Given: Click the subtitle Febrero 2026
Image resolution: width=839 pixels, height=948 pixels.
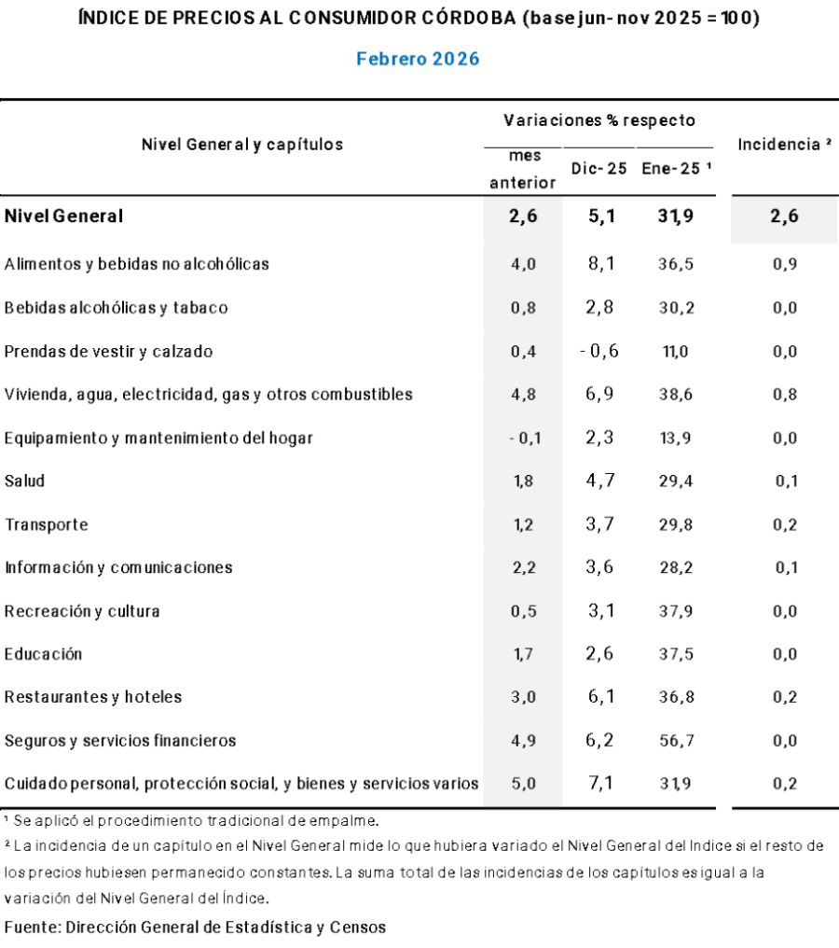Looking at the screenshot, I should point(418,59).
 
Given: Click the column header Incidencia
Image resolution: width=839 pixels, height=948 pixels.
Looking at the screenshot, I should point(784,145).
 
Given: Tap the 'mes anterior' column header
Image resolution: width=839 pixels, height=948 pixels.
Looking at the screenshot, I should point(523,170).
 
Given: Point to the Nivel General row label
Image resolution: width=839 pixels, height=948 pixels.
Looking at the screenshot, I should point(63,216).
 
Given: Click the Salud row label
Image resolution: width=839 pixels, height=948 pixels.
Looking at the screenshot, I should point(25,481).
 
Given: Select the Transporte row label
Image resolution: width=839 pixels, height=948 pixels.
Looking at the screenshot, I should point(47,524).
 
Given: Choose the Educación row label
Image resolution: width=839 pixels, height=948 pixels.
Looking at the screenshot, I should point(43,654).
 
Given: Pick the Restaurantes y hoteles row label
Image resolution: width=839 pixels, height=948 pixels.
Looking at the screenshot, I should point(93,697).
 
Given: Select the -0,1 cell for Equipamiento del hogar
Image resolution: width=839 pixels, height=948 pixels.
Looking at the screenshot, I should point(523,438).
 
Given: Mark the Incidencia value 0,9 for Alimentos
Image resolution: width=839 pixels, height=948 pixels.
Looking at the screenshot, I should point(784,264).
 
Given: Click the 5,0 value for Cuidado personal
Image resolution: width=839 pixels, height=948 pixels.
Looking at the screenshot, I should point(523,784).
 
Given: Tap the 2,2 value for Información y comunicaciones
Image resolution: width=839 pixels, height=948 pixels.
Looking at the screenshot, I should point(523,567).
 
